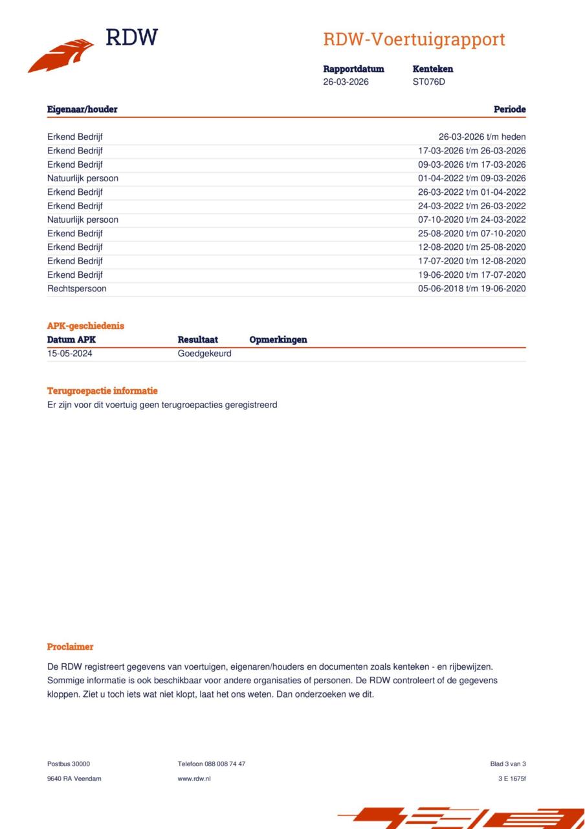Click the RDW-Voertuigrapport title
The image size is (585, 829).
click(x=414, y=40)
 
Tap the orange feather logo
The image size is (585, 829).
click(x=61, y=56)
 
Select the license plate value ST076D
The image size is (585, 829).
click(x=428, y=82)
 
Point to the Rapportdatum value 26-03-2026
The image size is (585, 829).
click(x=346, y=82)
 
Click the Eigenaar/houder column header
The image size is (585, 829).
click(x=82, y=109)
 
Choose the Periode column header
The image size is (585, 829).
click(x=509, y=109)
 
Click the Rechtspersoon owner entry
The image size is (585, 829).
click(x=76, y=289)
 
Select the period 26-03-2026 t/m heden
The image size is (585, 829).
click(x=481, y=137)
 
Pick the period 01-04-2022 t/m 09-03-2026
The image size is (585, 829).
click(x=472, y=179)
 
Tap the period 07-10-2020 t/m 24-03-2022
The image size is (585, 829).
click(x=472, y=220)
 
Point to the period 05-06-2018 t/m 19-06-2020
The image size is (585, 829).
click(x=472, y=289)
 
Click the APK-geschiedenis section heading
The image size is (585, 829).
click(x=85, y=326)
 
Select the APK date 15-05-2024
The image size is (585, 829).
click(x=70, y=354)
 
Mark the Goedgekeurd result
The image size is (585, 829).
click(x=204, y=354)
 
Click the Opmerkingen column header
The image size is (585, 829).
click(x=278, y=340)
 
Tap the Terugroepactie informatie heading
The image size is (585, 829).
click(x=102, y=391)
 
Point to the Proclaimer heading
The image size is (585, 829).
click(x=70, y=647)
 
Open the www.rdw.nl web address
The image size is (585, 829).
click(x=193, y=778)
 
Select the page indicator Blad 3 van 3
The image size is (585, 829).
click(x=508, y=764)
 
